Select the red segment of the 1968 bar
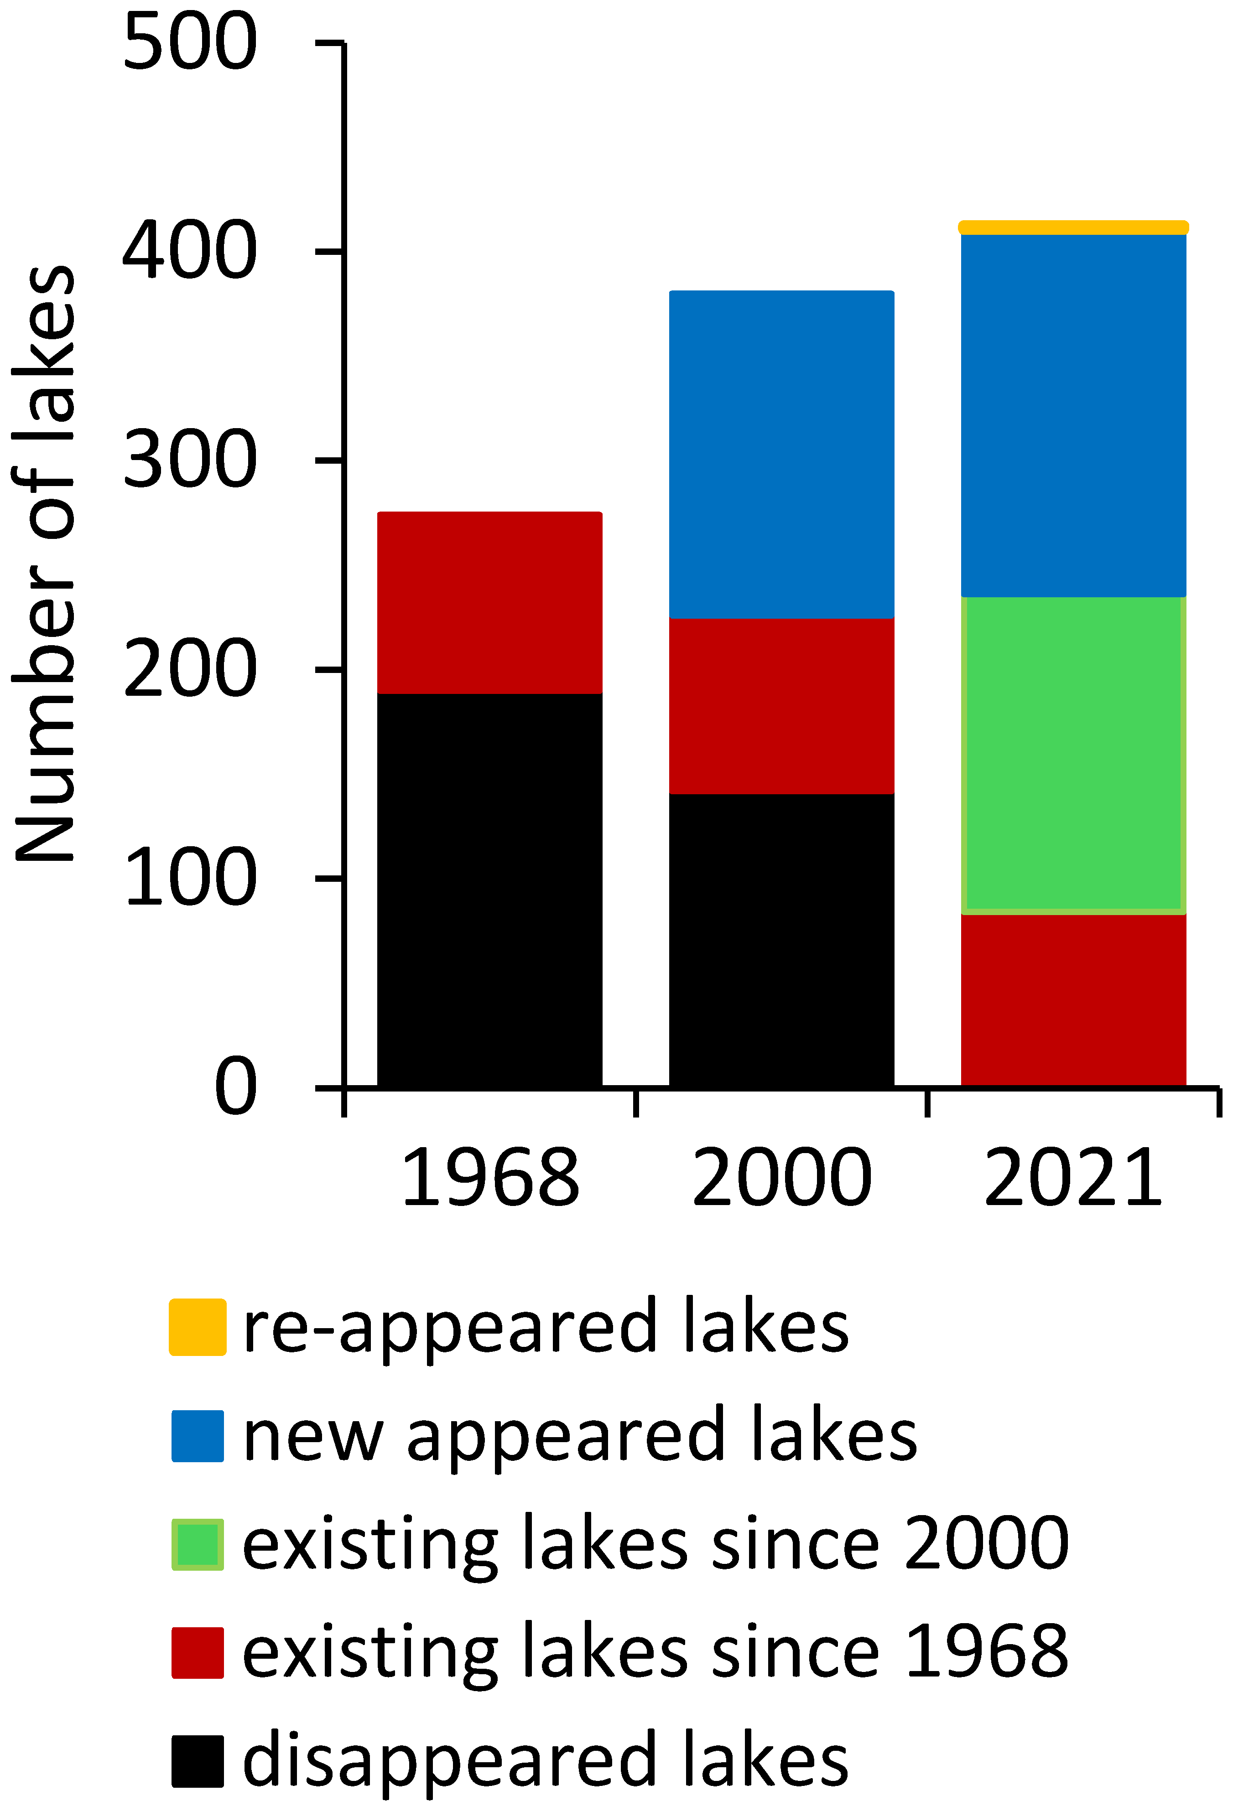pos(489,602)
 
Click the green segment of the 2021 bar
pos(1073,754)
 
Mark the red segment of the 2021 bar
pos(1073,1000)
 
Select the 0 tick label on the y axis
pos(235,1087)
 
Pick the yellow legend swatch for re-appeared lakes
pos(198,1327)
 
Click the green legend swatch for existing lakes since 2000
pos(198,1544)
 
